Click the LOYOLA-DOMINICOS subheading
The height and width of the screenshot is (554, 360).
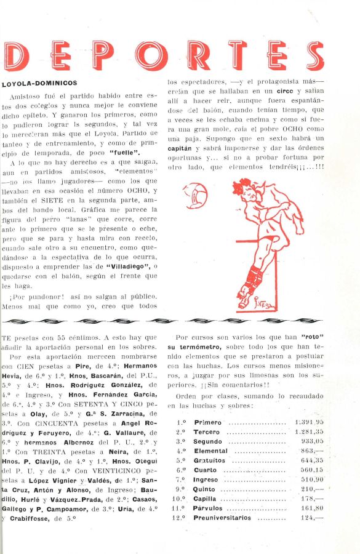[x=40, y=82]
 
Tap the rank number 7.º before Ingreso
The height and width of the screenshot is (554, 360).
[x=181, y=479]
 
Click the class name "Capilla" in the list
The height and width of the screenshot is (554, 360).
[x=206, y=499]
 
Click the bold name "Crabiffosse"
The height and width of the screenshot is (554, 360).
[x=31, y=518]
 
